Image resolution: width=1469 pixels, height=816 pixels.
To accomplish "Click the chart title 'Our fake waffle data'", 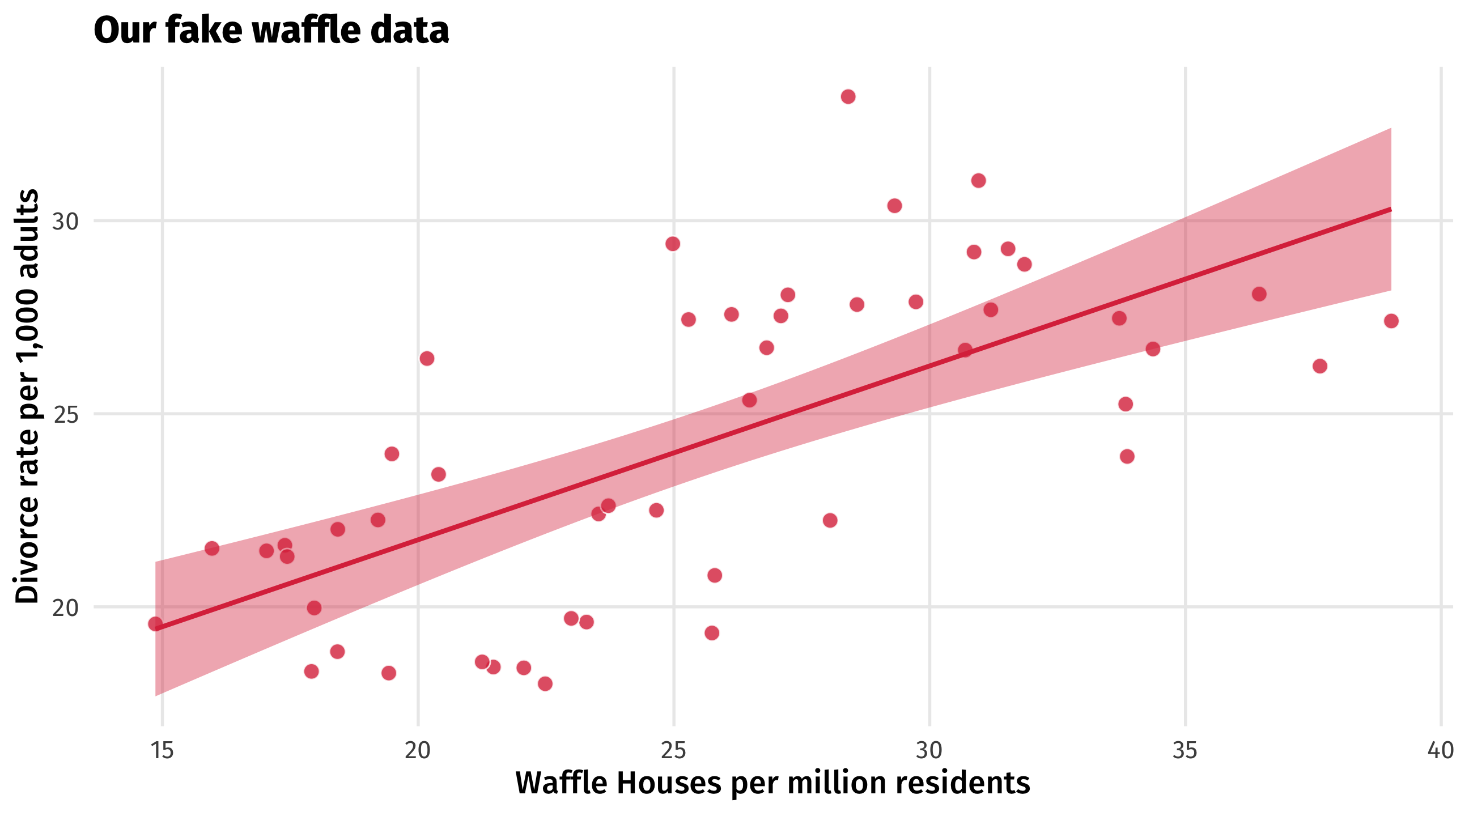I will pos(271,30).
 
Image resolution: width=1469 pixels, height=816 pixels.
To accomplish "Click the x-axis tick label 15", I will pos(162,751).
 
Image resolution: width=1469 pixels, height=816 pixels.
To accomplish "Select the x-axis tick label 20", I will pos(418,751).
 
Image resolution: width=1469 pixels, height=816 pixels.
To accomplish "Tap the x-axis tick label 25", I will pos(673,751).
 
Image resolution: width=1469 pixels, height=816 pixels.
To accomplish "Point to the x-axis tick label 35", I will pos(1185,751).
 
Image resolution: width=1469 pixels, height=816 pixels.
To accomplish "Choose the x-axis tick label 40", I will pos(1441,751).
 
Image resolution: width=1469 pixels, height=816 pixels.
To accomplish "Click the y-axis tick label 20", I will pos(65,608).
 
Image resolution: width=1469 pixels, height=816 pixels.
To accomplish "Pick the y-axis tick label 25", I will pos(65,415).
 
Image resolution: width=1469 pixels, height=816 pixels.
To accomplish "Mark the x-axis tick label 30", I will pos(929,751).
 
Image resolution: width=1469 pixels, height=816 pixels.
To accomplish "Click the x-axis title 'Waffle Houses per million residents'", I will pos(772,783).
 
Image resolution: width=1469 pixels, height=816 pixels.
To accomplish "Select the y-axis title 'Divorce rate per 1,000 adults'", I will pos(27,396).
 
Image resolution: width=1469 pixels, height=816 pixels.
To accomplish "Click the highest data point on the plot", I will pos(848,96).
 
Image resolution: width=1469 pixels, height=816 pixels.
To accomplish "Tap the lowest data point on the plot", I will pos(545,683).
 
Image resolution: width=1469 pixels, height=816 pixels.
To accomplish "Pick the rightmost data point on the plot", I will pos(1391,321).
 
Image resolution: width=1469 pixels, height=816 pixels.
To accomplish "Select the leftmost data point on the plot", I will pos(155,624).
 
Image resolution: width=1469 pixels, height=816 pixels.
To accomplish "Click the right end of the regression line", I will pos(1391,209).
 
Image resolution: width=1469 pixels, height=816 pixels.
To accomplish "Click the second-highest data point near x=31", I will pos(974,252).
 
